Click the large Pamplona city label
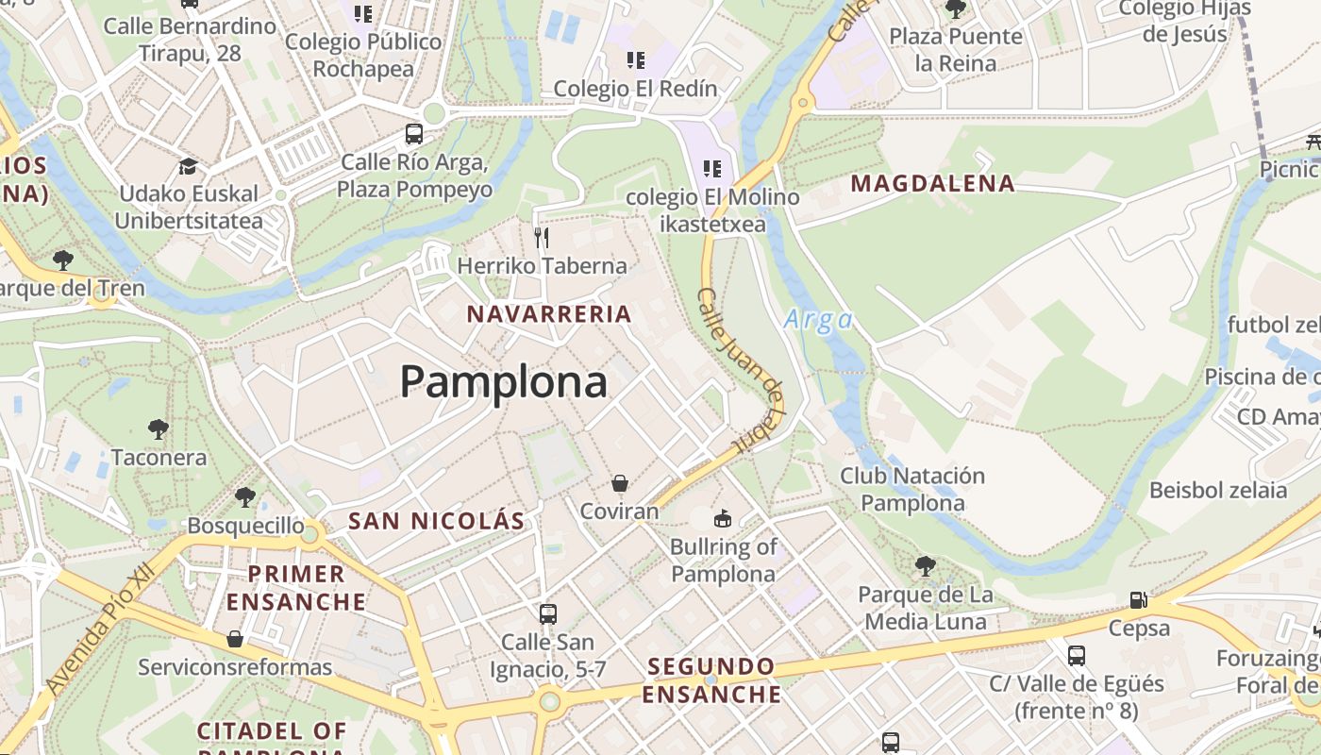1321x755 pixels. [x=504, y=382]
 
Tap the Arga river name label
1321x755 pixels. [x=818, y=320]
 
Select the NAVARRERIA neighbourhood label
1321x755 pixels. [x=549, y=314]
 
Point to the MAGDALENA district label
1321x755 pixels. [x=933, y=183]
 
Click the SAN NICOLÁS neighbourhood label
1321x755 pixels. [x=436, y=521]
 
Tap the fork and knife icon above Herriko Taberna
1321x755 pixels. [x=542, y=237]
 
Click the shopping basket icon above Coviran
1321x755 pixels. [x=619, y=483]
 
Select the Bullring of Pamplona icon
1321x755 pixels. [x=723, y=517]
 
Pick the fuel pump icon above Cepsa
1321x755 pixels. [x=1139, y=600]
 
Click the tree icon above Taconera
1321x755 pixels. [x=159, y=429]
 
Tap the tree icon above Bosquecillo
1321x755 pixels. [x=245, y=496]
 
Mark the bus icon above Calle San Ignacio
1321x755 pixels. [x=547, y=614]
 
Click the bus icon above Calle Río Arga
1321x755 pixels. [x=414, y=134]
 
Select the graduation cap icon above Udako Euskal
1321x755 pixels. [x=188, y=166]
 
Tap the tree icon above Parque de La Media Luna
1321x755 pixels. [x=926, y=566]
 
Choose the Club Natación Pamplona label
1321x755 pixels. [x=912, y=489]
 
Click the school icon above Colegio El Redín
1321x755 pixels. [x=636, y=61]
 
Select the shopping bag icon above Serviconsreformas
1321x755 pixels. [x=235, y=640]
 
